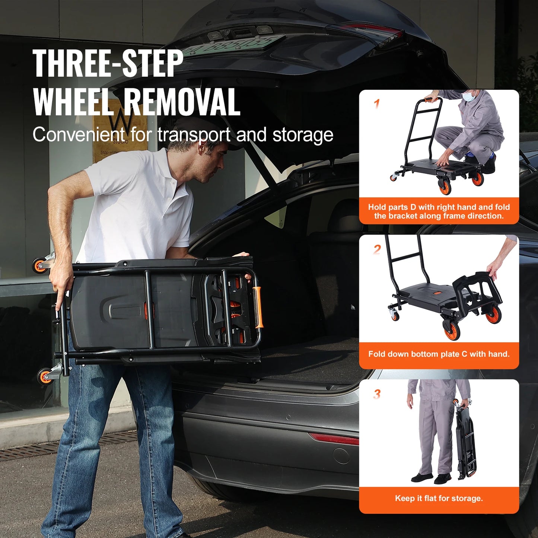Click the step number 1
[377, 104]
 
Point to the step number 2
[377, 249]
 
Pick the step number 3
[377, 394]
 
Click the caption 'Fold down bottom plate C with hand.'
[439, 354]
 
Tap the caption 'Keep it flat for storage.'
[439, 499]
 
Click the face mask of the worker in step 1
[470, 96]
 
